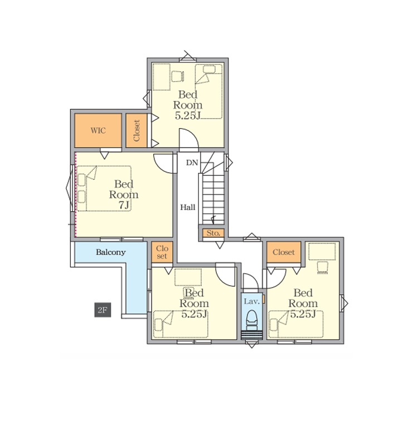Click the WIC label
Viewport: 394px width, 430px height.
pos(98,130)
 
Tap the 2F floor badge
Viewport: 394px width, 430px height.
pos(103,310)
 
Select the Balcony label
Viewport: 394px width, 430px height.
pos(111,252)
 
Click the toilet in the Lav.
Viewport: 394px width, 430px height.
pos(251,320)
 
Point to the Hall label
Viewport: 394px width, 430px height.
pos(188,207)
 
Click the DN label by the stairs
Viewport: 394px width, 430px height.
pos(192,163)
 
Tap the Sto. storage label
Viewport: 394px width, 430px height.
pos(213,233)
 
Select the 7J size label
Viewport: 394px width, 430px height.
pos(124,205)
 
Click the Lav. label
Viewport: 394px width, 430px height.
pos(251,302)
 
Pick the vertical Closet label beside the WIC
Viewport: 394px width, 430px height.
pos(137,130)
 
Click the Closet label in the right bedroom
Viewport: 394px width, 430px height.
pos(284,252)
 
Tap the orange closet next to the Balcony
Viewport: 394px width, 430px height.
pos(162,252)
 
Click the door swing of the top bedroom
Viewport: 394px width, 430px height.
pos(188,139)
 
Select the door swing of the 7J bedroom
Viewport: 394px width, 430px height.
pos(164,163)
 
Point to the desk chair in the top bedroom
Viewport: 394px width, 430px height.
pos(177,76)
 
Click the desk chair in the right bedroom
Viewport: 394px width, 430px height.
pos(323,267)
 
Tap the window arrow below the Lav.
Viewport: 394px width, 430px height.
pos(251,344)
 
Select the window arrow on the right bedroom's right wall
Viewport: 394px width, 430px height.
pos(344,304)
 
